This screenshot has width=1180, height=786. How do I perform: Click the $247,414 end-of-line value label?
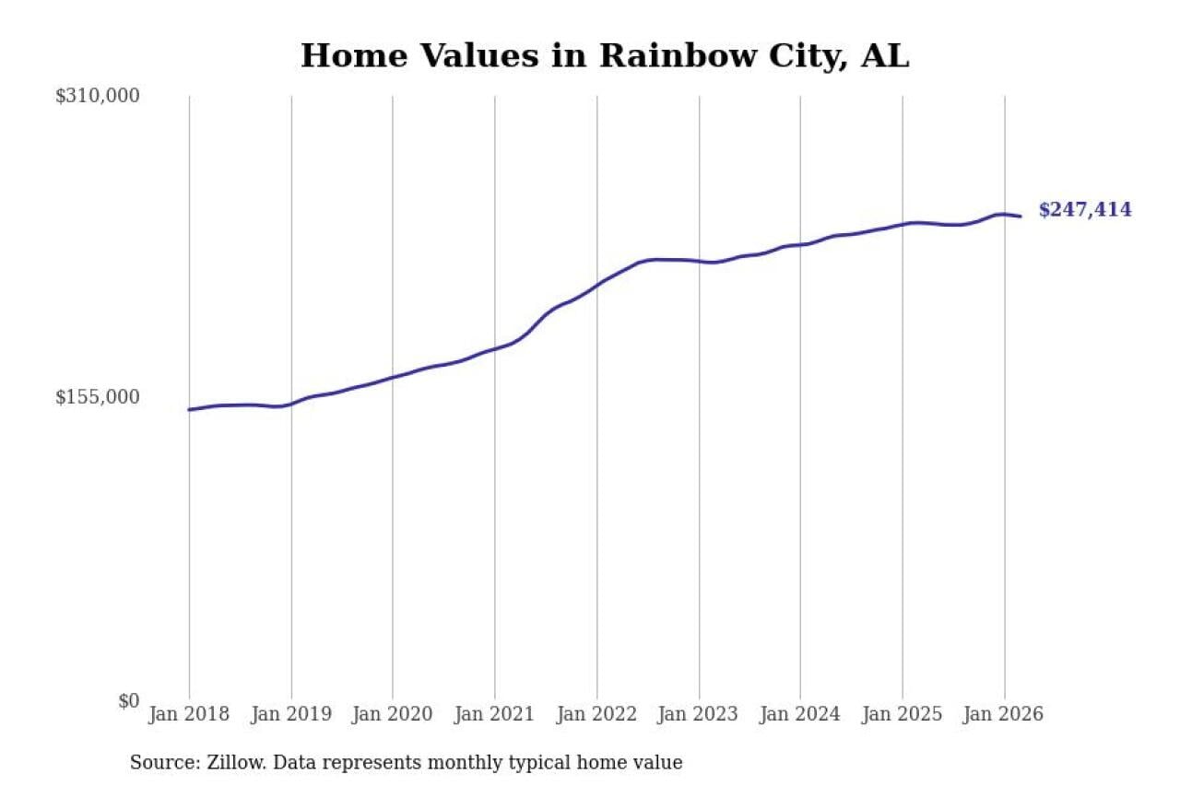(x=1084, y=210)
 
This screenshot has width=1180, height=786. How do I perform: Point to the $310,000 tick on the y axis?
(x=98, y=96)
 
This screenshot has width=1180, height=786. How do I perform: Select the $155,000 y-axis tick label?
(x=98, y=397)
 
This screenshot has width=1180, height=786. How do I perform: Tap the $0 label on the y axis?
(x=128, y=700)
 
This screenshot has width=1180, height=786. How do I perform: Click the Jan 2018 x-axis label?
(x=189, y=715)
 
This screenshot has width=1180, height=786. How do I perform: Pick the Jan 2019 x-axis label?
(x=291, y=715)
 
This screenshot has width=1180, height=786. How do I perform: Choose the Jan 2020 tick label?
(x=393, y=715)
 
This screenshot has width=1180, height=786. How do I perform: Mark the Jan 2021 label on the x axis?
(x=495, y=715)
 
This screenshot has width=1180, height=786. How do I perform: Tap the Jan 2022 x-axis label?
(x=596, y=715)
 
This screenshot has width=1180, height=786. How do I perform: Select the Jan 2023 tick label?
(x=699, y=715)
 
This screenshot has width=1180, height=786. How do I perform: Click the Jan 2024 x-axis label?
(x=800, y=715)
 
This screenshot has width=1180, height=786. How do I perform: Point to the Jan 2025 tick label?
(x=903, y=715)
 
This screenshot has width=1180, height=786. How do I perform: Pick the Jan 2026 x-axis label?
(x=1004, y=715)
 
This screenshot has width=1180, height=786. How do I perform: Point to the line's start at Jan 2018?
(x=189, y=409)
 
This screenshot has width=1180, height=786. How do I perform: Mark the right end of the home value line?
(x=1021, y=217)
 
